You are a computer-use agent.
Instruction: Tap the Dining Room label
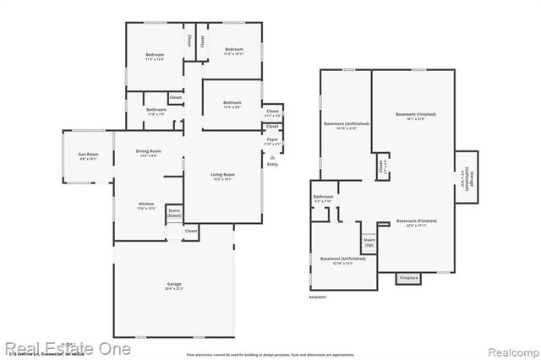(149, 153)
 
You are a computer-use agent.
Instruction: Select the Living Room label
(222, 176)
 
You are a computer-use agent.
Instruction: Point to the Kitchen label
(147, 205)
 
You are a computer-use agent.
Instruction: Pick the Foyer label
(272, 140)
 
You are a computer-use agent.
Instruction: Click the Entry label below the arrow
(272, 164)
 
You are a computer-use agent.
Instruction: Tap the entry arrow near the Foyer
(272, 156)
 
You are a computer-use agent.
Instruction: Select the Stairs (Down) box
(173, 213)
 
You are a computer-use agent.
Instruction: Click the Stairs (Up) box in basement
(369, 242)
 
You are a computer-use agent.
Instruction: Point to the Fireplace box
(408, 277)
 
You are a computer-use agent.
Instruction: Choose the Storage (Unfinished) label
(466, 177)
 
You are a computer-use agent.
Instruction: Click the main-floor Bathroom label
(156, 111)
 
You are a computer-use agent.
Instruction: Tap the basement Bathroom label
(324, 199)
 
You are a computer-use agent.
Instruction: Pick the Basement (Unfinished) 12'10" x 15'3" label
(343, 260)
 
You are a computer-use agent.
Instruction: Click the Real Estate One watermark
(68, 348)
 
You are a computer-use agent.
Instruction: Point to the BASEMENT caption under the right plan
(319, 297)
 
